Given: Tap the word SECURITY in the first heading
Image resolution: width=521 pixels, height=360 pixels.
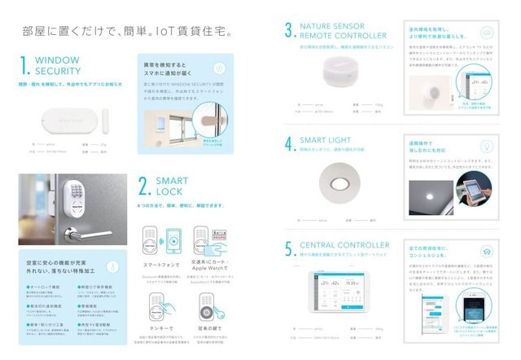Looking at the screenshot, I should coord(58,71).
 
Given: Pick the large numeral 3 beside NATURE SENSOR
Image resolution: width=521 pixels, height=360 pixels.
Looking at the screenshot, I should coord(288,32).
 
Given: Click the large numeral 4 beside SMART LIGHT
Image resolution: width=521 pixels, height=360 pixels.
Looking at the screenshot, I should coord(288,145).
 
